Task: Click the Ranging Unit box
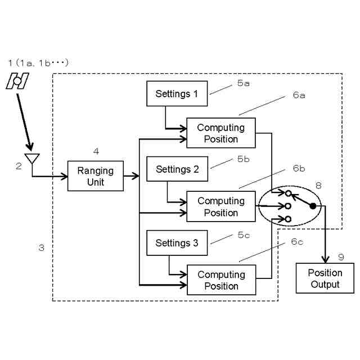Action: coord(95,176)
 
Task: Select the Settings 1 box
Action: coord(177,94)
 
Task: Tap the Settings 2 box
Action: coord(177,169)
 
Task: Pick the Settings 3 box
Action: coord(177,243)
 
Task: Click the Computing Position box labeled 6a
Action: coord(220,133)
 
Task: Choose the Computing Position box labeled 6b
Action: coord(220,206)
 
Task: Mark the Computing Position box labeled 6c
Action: coord(221,280)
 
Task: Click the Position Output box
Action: coord(325,278)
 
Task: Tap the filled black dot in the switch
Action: coord(313,206)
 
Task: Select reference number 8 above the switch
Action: coord(318,185)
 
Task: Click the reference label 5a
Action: coord(244,83)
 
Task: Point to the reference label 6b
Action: coord(298,168)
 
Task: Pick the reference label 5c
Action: coord(244,235)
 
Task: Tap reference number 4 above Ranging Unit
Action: coord(96,151)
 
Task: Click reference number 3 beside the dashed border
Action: coord(41,247)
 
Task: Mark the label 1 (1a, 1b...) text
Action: coord(38,62)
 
